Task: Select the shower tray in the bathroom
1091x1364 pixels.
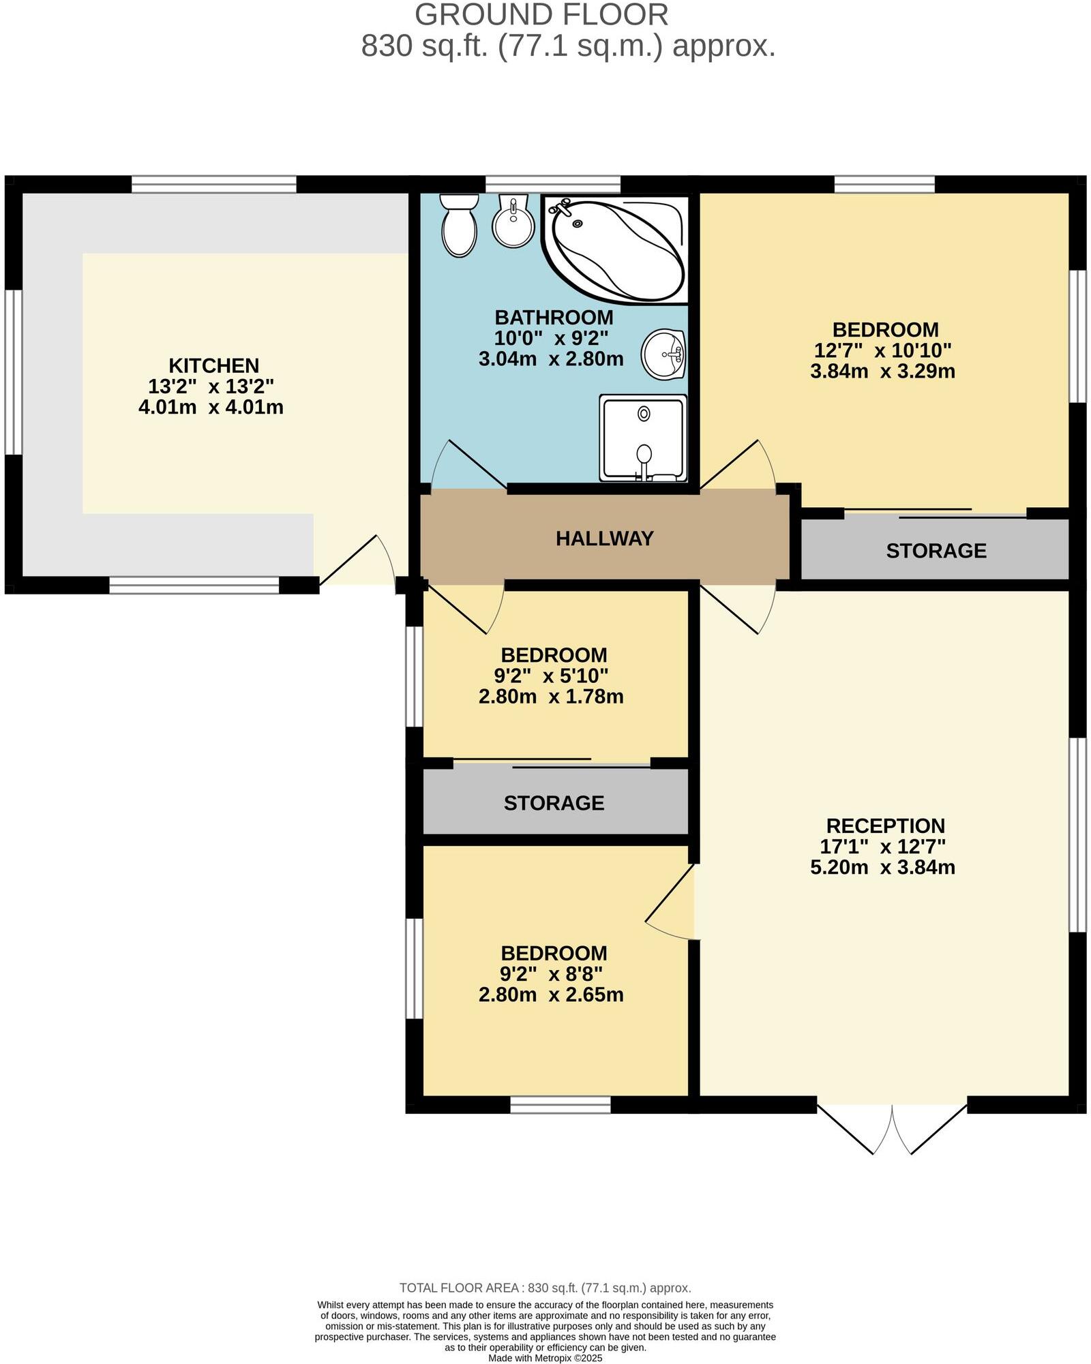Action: pos(643,438)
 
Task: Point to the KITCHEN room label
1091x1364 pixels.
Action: pos(213,365)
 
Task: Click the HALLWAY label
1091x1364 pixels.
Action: pos(604,539)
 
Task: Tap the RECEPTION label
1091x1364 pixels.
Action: pos(885,825)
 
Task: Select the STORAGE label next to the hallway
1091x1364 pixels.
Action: pos(936,551)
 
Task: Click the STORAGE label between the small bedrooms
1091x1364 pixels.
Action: pos(554,803)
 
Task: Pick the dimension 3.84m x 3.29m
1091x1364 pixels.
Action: pos(882,372)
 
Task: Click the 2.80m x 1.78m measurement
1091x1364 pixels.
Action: pos(551,697)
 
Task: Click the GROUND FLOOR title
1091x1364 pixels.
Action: pos(541,15)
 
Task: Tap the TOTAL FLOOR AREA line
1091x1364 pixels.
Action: pos(545,1288)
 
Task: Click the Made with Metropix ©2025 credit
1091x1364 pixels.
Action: pos(545,1358)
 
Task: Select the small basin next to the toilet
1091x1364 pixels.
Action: pos(513,222)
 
